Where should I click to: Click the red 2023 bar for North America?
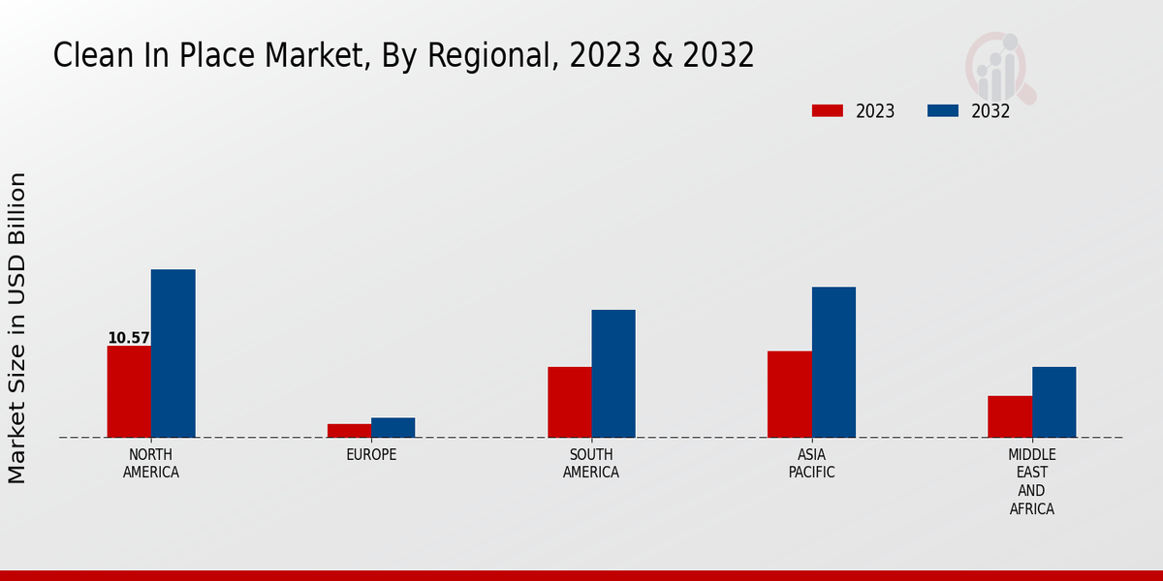coord(129,391)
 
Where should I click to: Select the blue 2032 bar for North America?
coord(173,353)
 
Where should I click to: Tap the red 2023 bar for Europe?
coord(349,430)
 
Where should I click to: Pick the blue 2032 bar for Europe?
coord(393,427)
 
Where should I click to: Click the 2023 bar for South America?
coord(569,402)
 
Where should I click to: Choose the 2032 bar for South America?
coord(613,374)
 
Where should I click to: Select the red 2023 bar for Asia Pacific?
coord(789,394)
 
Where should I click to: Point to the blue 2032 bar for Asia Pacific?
coord(833,362)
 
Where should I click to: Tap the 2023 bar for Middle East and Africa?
coord(1010,416)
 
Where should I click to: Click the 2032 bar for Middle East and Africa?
coord(1053,402)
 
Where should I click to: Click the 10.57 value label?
coord(129,338)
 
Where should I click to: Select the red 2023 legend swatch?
coord(827,111)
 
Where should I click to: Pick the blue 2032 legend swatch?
coord(942,111)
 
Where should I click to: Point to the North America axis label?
coord(151,464)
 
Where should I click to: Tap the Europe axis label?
coord(371,455)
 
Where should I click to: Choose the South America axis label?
coord(591,464)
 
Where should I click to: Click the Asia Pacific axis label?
coord(811,464)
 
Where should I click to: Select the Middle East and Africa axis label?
coord(1032,481)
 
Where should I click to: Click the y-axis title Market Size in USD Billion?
coord(17,327)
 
